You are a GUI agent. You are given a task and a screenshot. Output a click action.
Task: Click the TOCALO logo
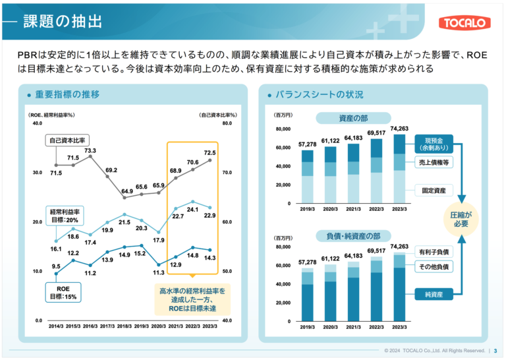(x=464, y=22)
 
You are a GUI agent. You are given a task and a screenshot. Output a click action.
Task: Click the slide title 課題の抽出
(x=63, y=22)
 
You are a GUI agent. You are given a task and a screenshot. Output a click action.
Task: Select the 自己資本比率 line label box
(x=67, y=140)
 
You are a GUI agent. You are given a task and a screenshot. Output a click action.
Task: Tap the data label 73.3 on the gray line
(x=90, y=150)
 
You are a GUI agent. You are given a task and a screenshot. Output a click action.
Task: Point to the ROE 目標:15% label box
(x=63, y=293)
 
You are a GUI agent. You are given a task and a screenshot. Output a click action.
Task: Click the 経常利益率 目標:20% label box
(x=65, y=216)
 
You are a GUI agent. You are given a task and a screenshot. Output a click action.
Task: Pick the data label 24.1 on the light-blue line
(x=192, y=210)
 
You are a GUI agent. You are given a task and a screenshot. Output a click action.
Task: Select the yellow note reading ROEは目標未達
(x=192, y=299)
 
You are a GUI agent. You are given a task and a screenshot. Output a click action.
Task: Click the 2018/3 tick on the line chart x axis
(x=125, y=326)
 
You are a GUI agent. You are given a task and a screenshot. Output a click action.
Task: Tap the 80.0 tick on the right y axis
(x=227, y=123)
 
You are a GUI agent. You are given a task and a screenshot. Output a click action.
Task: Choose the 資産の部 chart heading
(x=353, y=118)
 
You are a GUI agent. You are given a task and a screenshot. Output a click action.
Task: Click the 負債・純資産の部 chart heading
(x=353, y=236)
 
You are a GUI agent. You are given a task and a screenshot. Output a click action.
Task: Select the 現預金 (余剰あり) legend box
(x=434, y=144)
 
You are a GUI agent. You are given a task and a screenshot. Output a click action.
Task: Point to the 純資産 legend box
(x=434, y=295)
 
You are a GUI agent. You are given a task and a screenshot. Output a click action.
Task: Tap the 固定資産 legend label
(x=434, y=191)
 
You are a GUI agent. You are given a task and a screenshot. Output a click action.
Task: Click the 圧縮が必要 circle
(x=461, y=220)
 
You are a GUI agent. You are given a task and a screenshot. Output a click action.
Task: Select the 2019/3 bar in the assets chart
(x=307, y=177)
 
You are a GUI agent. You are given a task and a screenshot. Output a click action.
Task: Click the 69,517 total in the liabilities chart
(x=376, y=251)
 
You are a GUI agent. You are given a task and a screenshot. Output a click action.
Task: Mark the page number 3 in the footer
(x=495, y=351)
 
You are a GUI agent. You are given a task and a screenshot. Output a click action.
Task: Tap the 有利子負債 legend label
(x=434, y=252)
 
